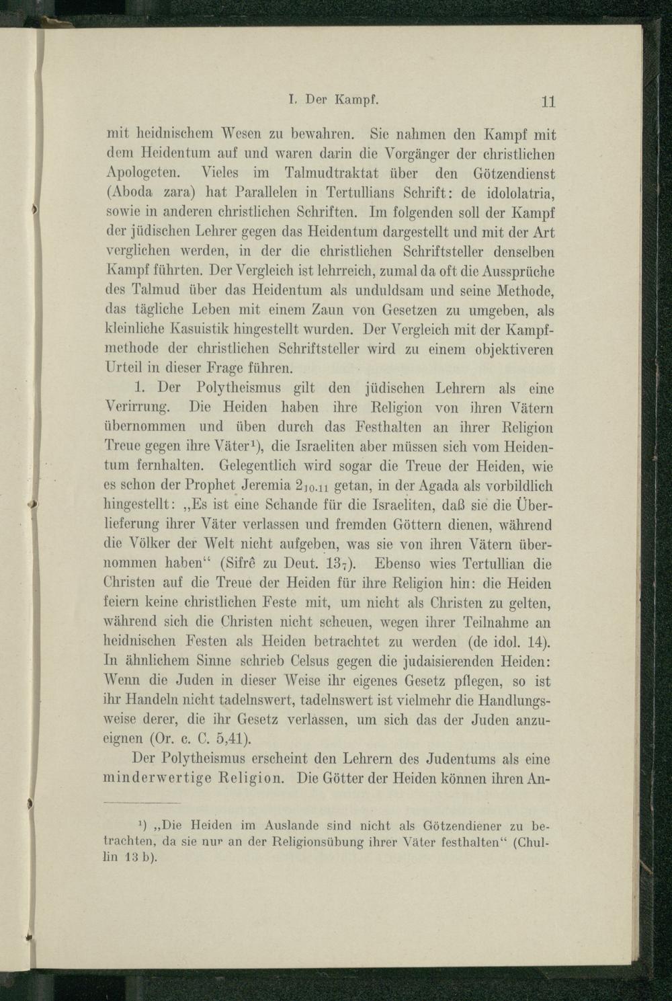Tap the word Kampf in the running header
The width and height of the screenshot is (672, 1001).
354,100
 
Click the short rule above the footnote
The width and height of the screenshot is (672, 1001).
142,803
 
